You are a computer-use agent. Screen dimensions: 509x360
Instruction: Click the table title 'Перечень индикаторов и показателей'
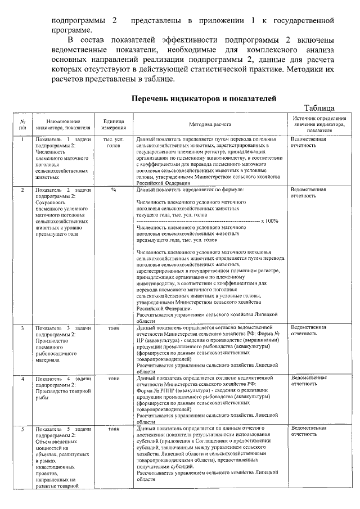pos(203,98)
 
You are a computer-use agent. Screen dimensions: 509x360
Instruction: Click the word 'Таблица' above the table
pos(319,108)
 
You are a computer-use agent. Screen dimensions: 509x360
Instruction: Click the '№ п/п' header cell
pos(22,124)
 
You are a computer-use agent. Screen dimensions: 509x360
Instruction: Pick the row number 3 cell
pos(22,327)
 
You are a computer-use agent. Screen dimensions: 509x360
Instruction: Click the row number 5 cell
pos(22,429)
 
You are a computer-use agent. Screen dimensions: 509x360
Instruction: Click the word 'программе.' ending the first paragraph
pos(71,30)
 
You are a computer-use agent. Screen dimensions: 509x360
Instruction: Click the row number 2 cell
pos(22,191)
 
